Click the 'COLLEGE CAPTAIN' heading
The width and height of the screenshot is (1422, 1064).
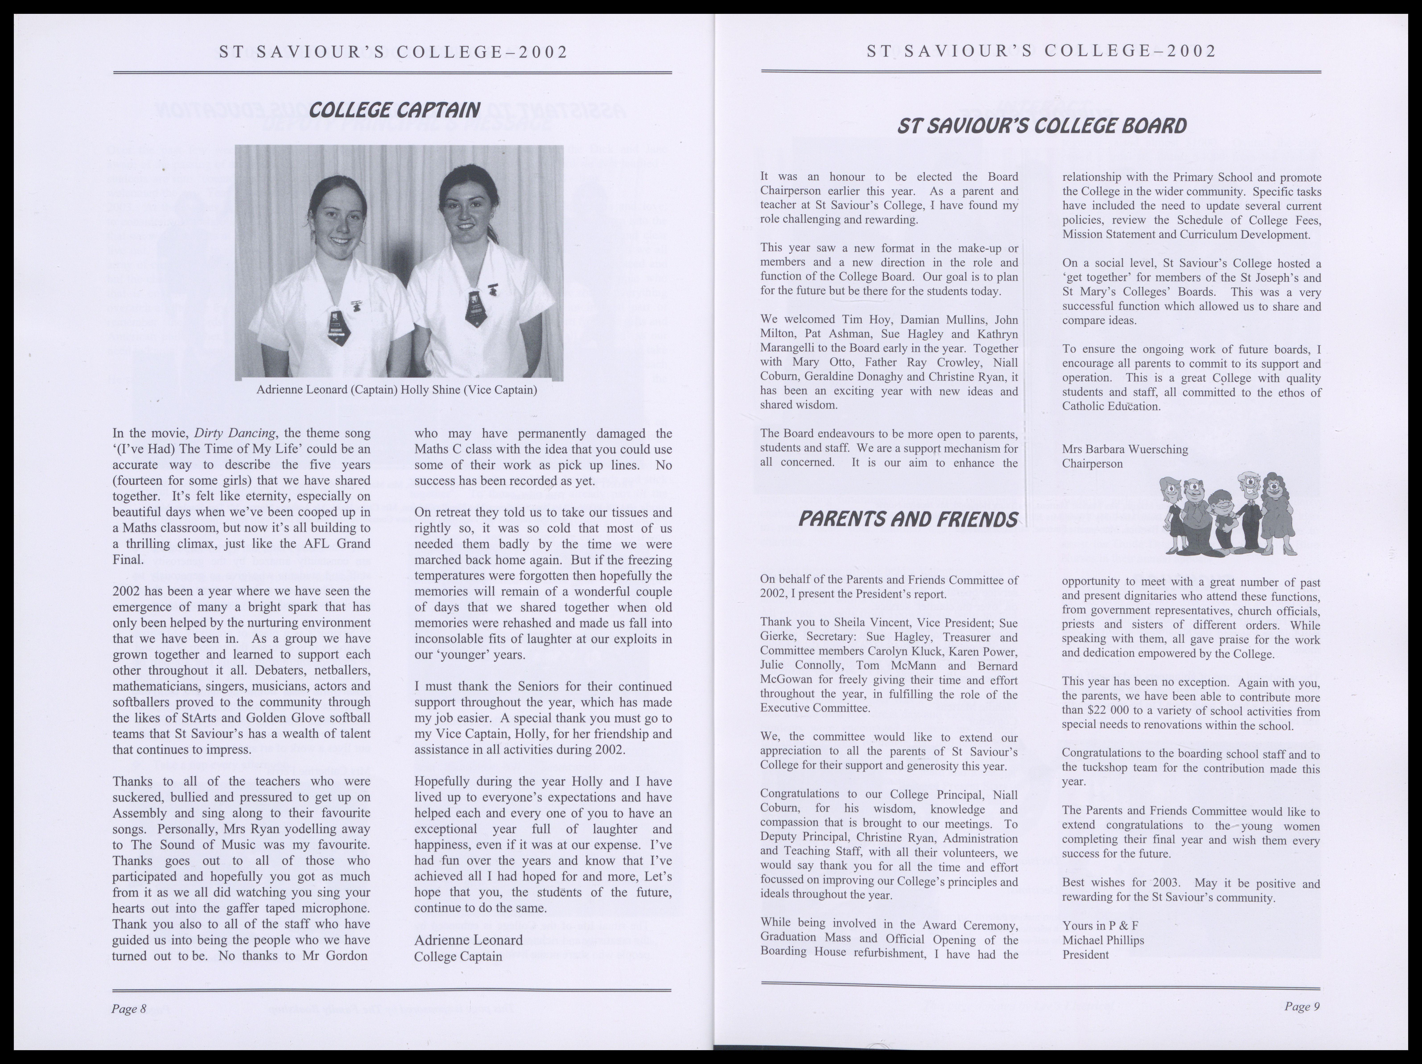(394, 111)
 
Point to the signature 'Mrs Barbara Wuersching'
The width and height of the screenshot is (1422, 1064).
(1125, 449)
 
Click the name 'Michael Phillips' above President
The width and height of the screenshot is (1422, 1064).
(1103, 940)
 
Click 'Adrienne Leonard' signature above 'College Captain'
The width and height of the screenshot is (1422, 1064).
(469, 940)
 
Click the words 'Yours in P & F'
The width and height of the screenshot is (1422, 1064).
(1101, 926)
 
